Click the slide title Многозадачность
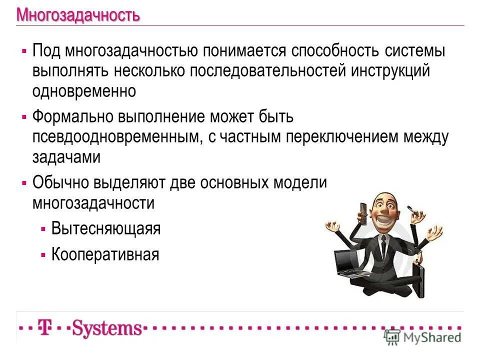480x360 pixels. [78, 15]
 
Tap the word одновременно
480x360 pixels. [84, 91]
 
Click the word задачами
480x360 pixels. [66, 157]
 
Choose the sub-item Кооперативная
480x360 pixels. [105, 254]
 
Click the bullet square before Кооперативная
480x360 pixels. [43, 254]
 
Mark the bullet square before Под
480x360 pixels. [24, 51]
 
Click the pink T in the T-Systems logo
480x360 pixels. [45, 328]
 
